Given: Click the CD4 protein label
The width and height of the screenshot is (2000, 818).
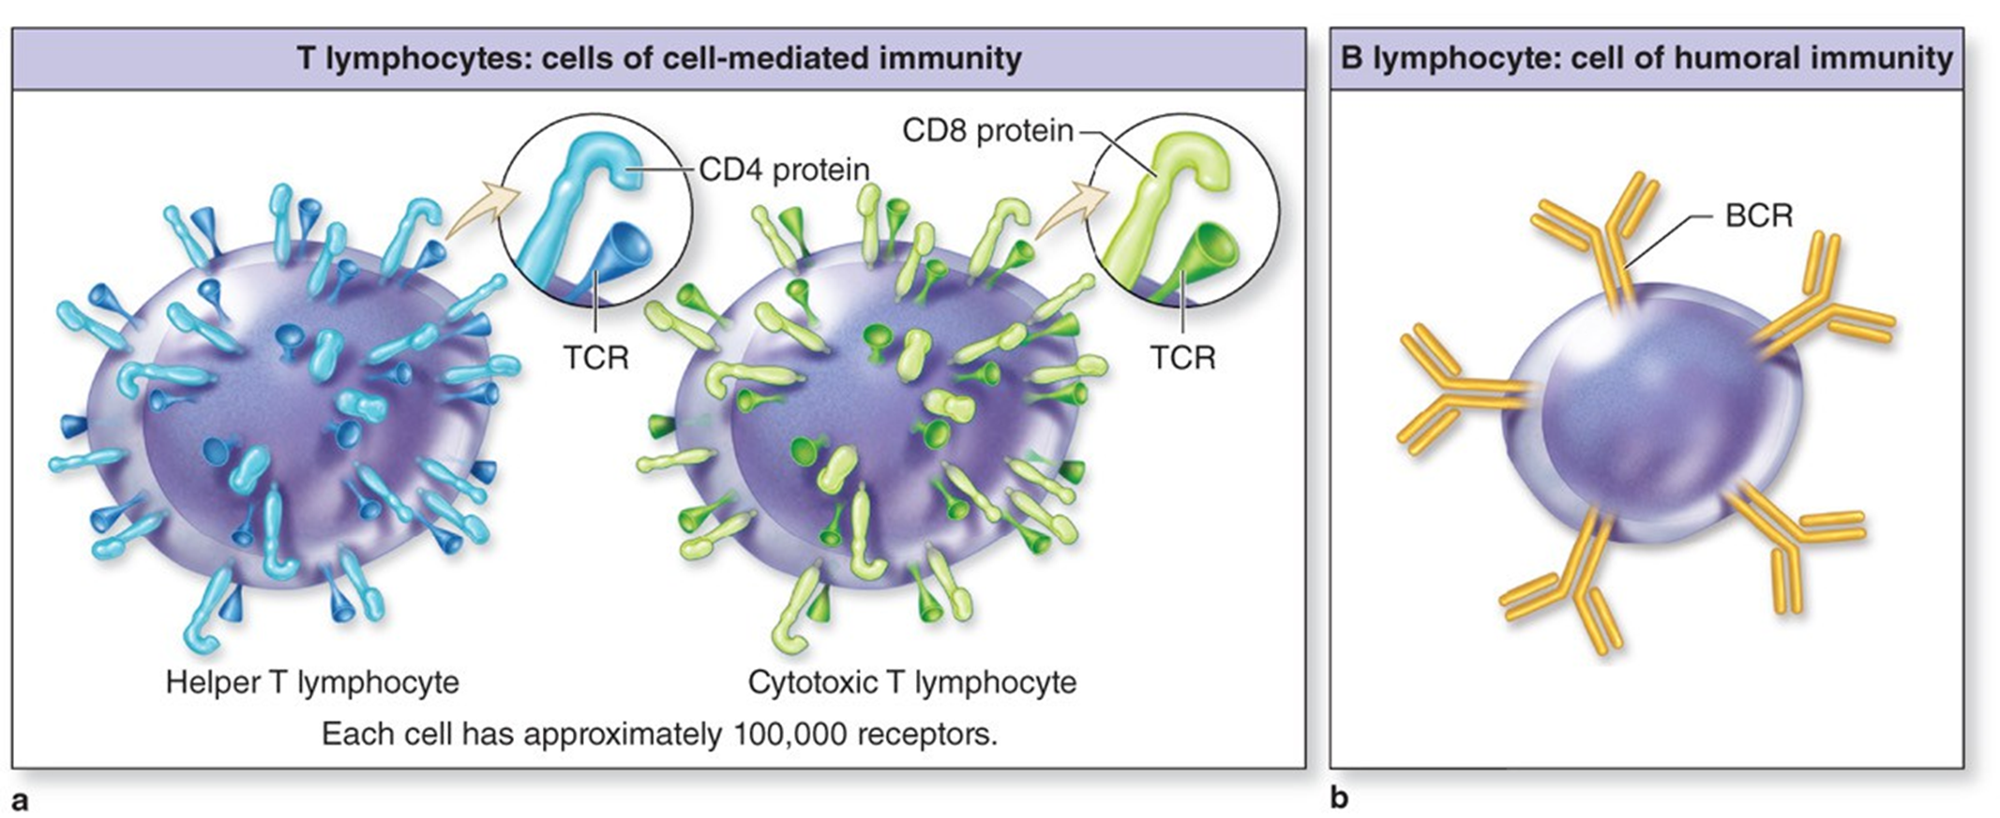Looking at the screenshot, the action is coord(784,170).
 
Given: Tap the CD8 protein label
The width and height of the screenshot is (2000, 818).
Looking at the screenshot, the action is coord(987,130).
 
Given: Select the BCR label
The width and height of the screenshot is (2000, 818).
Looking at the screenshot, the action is coord(1758,216).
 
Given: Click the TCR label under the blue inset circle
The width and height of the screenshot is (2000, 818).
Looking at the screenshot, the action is coord(595,357).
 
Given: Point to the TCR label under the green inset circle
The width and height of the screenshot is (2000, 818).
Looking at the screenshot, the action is coord(1182,357).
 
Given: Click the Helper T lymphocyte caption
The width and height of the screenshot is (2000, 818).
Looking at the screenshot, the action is coord(312,681).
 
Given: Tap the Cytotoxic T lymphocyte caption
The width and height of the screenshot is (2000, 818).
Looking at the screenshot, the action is coord(911,681).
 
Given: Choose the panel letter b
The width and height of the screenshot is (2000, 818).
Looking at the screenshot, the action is coord(1339,797).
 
